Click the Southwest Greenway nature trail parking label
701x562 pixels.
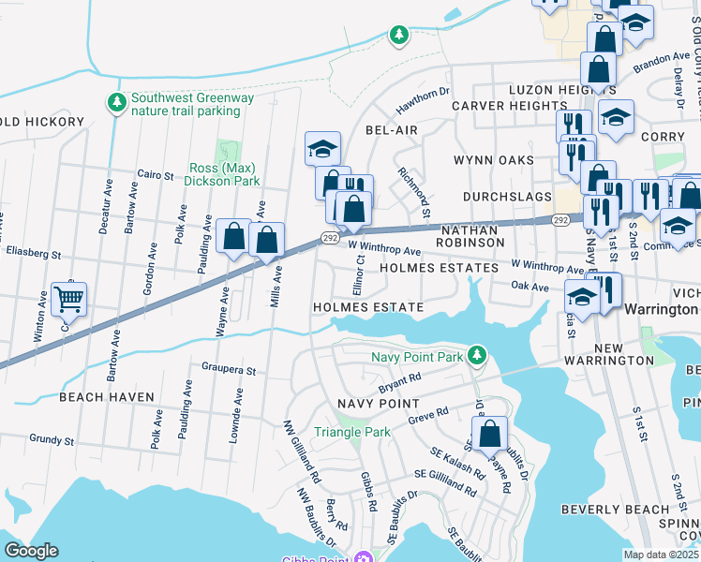[186, 104]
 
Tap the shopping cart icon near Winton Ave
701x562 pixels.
[68, 300]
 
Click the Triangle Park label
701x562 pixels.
[351, 432]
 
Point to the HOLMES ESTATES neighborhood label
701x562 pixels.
[439, 268]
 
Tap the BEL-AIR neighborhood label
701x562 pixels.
[391, 128]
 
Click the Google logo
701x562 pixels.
[31, 551]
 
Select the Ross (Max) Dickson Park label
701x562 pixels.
[222, 174]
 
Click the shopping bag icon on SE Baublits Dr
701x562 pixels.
[489, 435]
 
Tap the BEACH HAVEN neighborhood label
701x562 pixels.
[106, 397]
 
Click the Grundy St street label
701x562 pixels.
[51, 438]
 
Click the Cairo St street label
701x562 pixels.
[157, 175]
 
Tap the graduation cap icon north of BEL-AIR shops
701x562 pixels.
[322, 148]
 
